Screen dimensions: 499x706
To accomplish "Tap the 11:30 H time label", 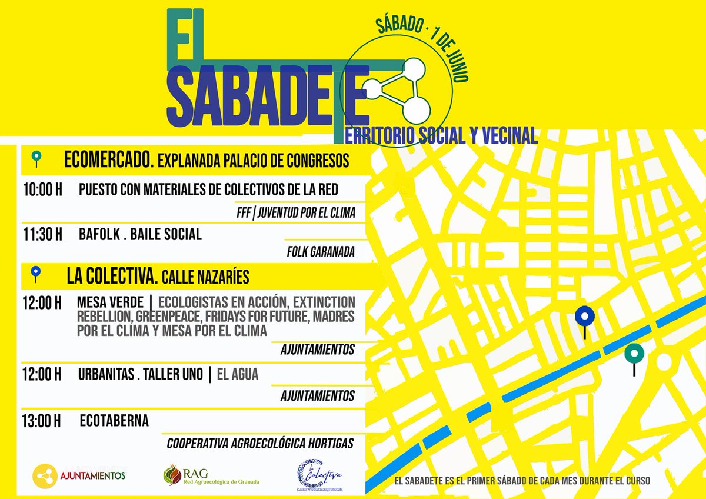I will click(x=42, y=234).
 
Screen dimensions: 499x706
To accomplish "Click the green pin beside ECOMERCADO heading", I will click(x=36, y=157).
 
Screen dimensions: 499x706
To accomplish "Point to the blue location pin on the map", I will click(x=584, y=317).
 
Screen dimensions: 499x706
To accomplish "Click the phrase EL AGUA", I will click(x=237, y=374).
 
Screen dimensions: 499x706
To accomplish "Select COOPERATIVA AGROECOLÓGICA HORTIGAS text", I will click(x=261, y=443).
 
